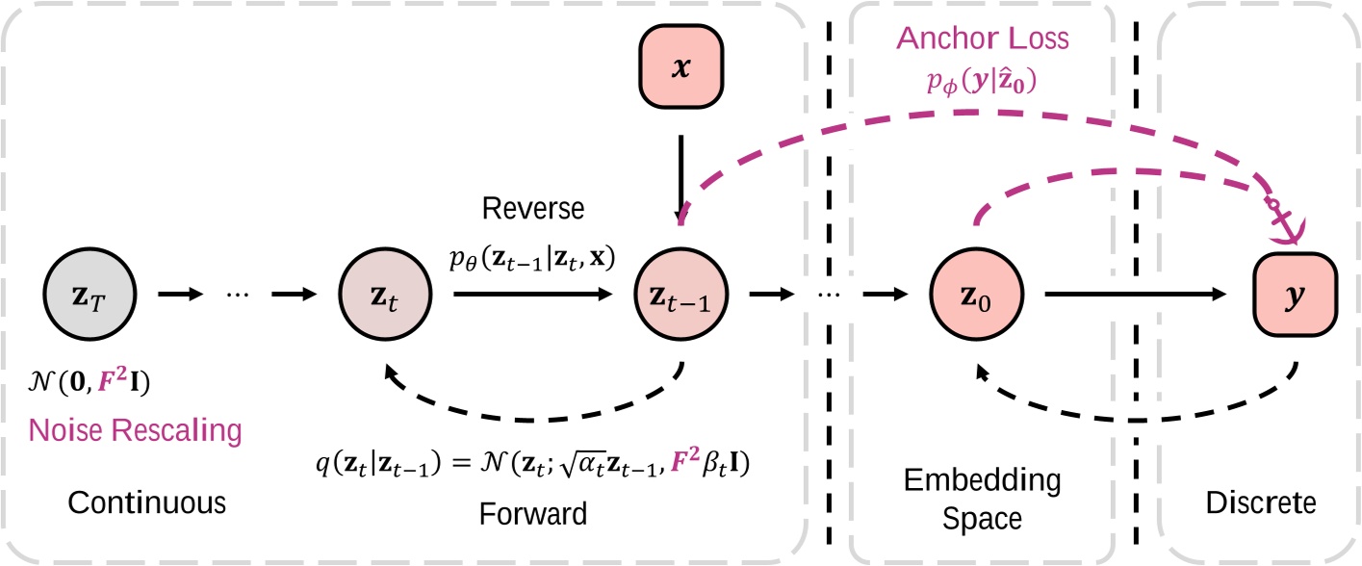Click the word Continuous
[135, 502]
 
